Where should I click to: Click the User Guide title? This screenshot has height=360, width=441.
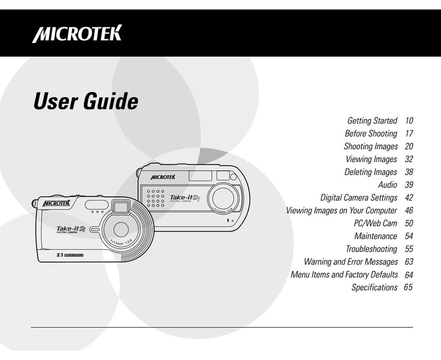pyautogui.click(x=86, y=101)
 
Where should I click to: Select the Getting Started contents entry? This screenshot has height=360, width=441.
pyautogui.click(x=372, y=121)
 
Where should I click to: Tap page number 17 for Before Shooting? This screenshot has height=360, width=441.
pyautogui.click(x=408, y=134)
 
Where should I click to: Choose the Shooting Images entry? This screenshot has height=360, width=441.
pyautogui.click(x=370, y=146)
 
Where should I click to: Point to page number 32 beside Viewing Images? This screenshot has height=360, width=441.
pyautogui.click(x=408, y=159)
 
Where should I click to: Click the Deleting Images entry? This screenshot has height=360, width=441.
pyautogui.click(x=371, y=172)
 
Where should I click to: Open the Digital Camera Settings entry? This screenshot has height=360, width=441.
pyautogui.click(x=359, y=197)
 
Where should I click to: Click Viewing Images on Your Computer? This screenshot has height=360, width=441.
pyautogui.click(x=342, y=211)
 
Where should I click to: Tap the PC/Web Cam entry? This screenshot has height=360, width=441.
pyautogui.click(x=375, y=223)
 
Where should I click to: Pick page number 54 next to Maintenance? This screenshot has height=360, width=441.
pyautogui.click(x=408, y=236)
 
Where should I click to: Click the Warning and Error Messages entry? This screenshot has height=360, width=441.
pyautogui.click(x=350, y=262)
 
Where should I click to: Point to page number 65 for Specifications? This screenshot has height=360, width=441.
pyautogui.click(x=408, y=287)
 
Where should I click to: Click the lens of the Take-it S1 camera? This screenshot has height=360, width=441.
pyautogui.click(x=121, y=228)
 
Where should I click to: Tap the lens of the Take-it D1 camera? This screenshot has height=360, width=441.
pyautogui.click(x=224, y=195)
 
